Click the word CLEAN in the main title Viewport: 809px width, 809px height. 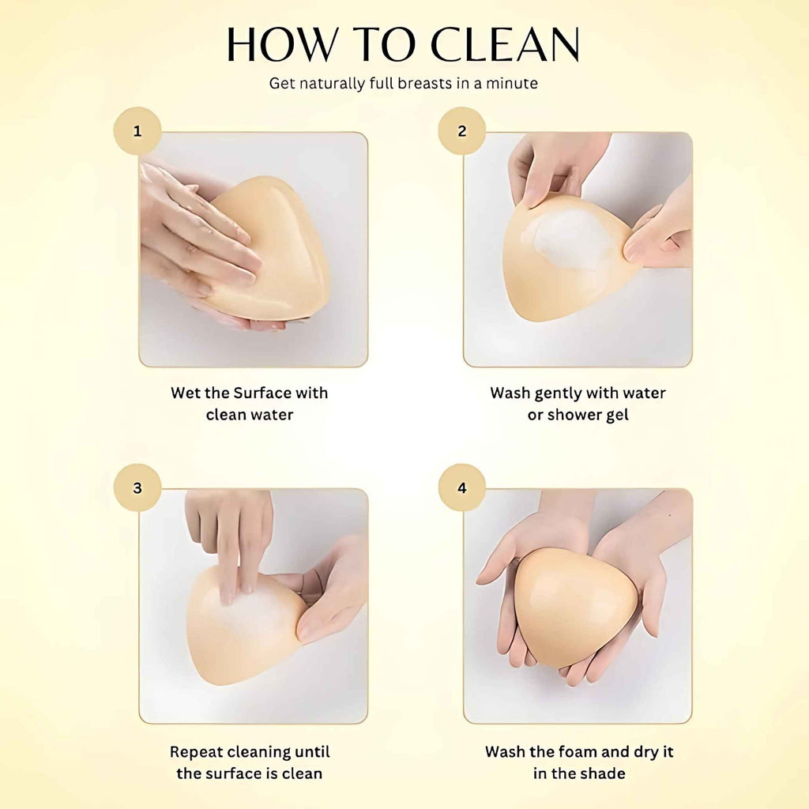(x=505, y=44)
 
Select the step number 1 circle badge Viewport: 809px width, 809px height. (x=137, y=131)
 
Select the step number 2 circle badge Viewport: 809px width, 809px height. (x=461, y=131)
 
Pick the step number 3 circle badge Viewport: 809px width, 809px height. (x=137, y=487)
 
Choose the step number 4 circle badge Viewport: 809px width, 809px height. (x=461, y=487)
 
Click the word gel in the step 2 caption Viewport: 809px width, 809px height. (x=616, y=416)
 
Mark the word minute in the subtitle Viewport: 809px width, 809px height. (x=512, y=83)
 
